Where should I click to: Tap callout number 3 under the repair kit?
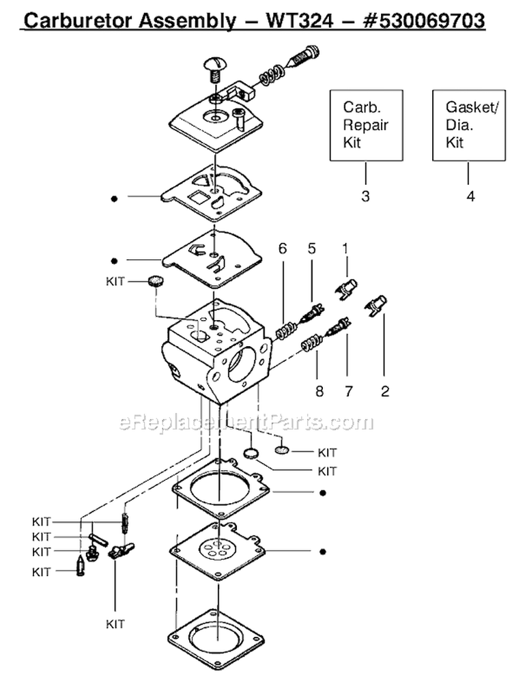[x=365, y=197]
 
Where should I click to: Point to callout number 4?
[x=470, y=197]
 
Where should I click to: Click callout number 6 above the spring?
[x=282, y=250]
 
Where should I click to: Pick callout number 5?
[x=312, y=250]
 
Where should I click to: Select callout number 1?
[x=345, y=250]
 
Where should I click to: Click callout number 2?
[x=384, y=392]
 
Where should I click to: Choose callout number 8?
[x=316, y=392]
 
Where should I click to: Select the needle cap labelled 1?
[x=348, y=286]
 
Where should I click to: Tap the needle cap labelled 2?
[x=377, y=304]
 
